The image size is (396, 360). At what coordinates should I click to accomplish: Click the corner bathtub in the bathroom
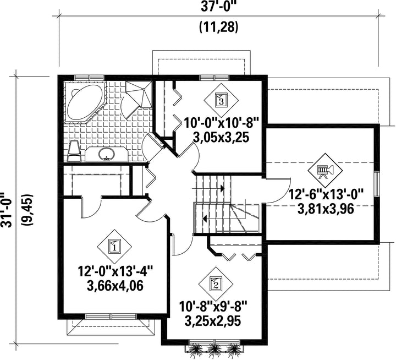85,102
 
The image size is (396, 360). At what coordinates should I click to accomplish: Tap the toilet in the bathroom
74,151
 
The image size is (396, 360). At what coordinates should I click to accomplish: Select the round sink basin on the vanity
107,154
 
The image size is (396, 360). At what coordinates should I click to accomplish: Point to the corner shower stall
139,94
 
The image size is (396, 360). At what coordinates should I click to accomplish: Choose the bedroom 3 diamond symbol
221,100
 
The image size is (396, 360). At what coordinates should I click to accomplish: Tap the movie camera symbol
325,170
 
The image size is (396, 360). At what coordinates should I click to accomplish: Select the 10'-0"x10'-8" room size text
222,124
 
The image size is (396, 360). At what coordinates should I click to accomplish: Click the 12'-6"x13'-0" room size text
326,195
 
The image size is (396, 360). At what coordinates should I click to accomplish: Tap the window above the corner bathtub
90,78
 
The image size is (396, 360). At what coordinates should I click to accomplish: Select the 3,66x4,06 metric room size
115,286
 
